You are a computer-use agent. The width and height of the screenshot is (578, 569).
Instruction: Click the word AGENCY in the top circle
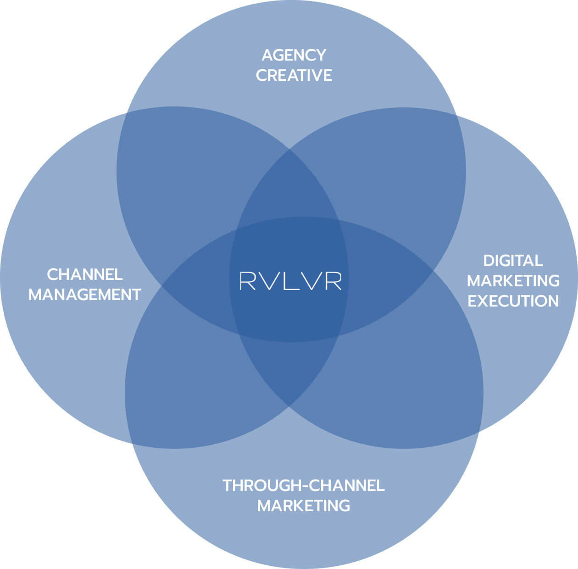(x=294, y=55)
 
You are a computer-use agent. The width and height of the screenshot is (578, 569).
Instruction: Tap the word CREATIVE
(x=294, y=75)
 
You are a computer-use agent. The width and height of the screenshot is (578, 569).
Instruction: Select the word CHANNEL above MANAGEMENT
(x=85, y=274)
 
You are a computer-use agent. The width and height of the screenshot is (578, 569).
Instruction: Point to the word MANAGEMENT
(x=85, y=295)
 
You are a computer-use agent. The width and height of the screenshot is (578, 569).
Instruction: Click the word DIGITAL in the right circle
(x=513, y=261)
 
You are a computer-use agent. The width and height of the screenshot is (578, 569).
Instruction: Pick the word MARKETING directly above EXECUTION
(x=513, y=280)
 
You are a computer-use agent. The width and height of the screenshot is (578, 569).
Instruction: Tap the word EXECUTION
(x=513, y=301)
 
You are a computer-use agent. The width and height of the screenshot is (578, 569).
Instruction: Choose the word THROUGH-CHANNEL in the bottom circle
(x=303, y=485)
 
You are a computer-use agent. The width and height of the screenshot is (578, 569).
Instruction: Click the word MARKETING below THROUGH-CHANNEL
(x=303, y=506)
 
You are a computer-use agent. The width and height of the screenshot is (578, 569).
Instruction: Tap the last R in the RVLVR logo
(x=333, y=281)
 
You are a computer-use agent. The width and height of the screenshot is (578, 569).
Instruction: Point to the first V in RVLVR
(x=268, y=281)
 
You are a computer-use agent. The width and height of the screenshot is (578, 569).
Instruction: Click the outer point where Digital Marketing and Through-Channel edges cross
(x=478, y=431)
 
